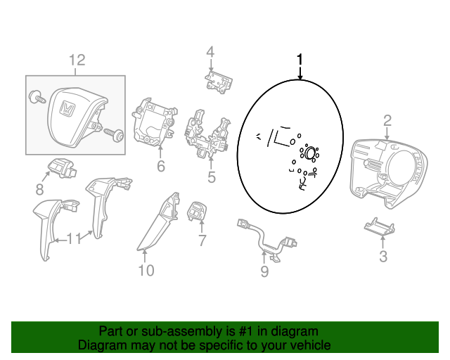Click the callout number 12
[x=77, y=60]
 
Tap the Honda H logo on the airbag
[x=67, y=108]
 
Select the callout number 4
[x=210, y=52]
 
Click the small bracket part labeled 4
[x=219, y=82]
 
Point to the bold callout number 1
[x=300, y=60]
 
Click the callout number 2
[x=387, y=120]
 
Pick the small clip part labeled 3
[x=380, y=226]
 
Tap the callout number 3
[x=383, y=256]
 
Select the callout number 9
[x=264, y=271]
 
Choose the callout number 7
[x=202, y=240]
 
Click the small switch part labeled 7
[x=197, y=212]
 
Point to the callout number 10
[x=146, y=271]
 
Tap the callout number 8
[x=39, y=189]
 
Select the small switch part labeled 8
[x=62, y=169]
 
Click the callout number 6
[x=161, y=166]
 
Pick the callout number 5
[x=211, y=177]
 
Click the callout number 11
[x=73, y=238]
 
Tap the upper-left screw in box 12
[x=37, y=97]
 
